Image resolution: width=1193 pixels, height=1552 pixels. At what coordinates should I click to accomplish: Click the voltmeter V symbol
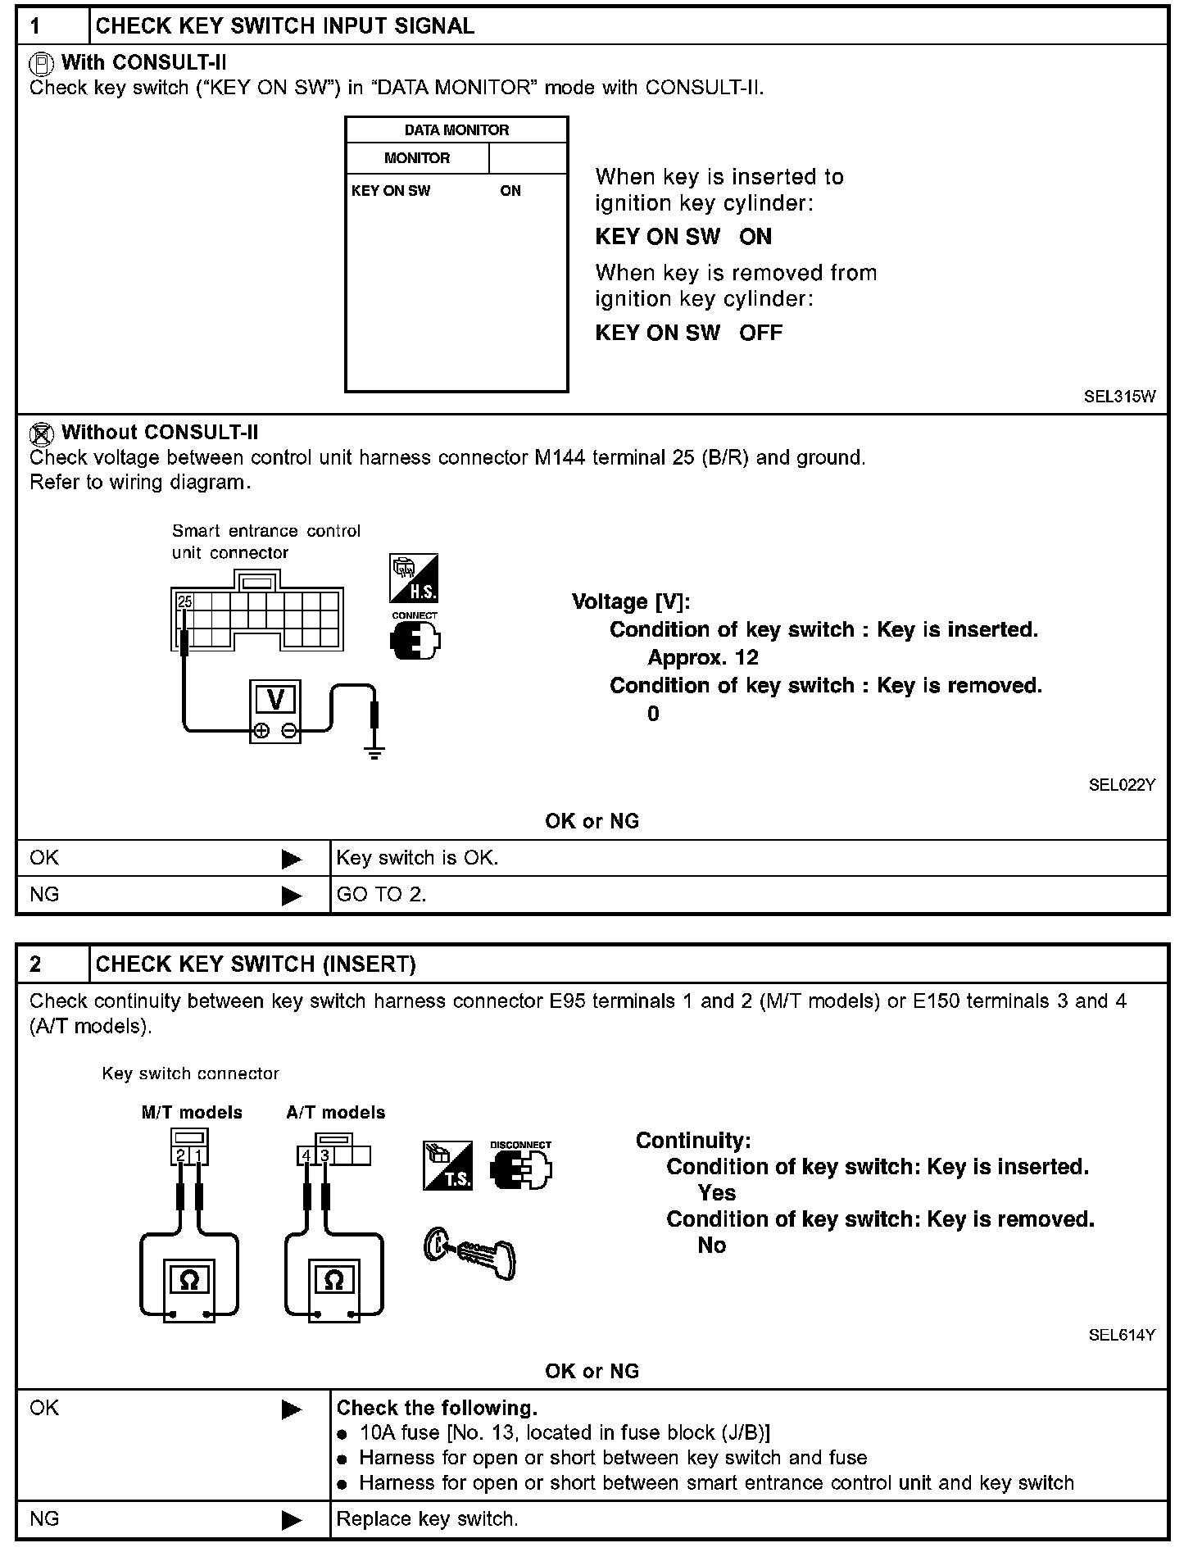[275, 699]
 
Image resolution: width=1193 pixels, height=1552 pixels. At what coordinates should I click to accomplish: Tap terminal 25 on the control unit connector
[185, 601]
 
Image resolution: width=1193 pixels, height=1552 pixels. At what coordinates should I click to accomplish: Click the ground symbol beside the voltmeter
[374, 752]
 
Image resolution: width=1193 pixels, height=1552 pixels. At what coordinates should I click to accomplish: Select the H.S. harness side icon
[414, 579]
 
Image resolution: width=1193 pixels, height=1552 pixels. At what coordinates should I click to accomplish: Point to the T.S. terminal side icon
[447, 1165]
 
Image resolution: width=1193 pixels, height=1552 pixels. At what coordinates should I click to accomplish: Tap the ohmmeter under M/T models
[189, 1279]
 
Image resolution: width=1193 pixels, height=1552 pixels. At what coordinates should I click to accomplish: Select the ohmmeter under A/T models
[333, 1279]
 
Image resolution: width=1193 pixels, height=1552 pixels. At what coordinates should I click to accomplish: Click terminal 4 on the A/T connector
[306, 1156]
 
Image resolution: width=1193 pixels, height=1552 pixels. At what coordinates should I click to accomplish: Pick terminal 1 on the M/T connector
[199, 1156]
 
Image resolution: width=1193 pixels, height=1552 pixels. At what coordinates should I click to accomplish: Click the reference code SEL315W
[1119, 397]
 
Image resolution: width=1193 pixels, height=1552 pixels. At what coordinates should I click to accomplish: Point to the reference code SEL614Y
[1121, 1335]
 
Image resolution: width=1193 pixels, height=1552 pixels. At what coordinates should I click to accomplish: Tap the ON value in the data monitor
[510, 191]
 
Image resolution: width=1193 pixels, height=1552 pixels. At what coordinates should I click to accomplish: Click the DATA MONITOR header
[456, 130]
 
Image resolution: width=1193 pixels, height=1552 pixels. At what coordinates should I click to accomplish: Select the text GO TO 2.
[382, 895]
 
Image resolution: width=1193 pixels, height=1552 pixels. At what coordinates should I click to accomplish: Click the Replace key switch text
[428, 1519]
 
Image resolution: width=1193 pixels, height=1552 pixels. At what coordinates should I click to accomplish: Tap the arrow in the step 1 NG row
[292, 896]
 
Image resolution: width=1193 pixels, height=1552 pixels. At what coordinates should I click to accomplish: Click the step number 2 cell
[36, 964]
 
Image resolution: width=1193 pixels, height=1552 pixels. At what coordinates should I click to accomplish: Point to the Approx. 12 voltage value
[703, 658]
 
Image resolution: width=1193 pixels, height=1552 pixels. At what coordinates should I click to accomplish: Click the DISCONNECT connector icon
[520, 1167]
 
